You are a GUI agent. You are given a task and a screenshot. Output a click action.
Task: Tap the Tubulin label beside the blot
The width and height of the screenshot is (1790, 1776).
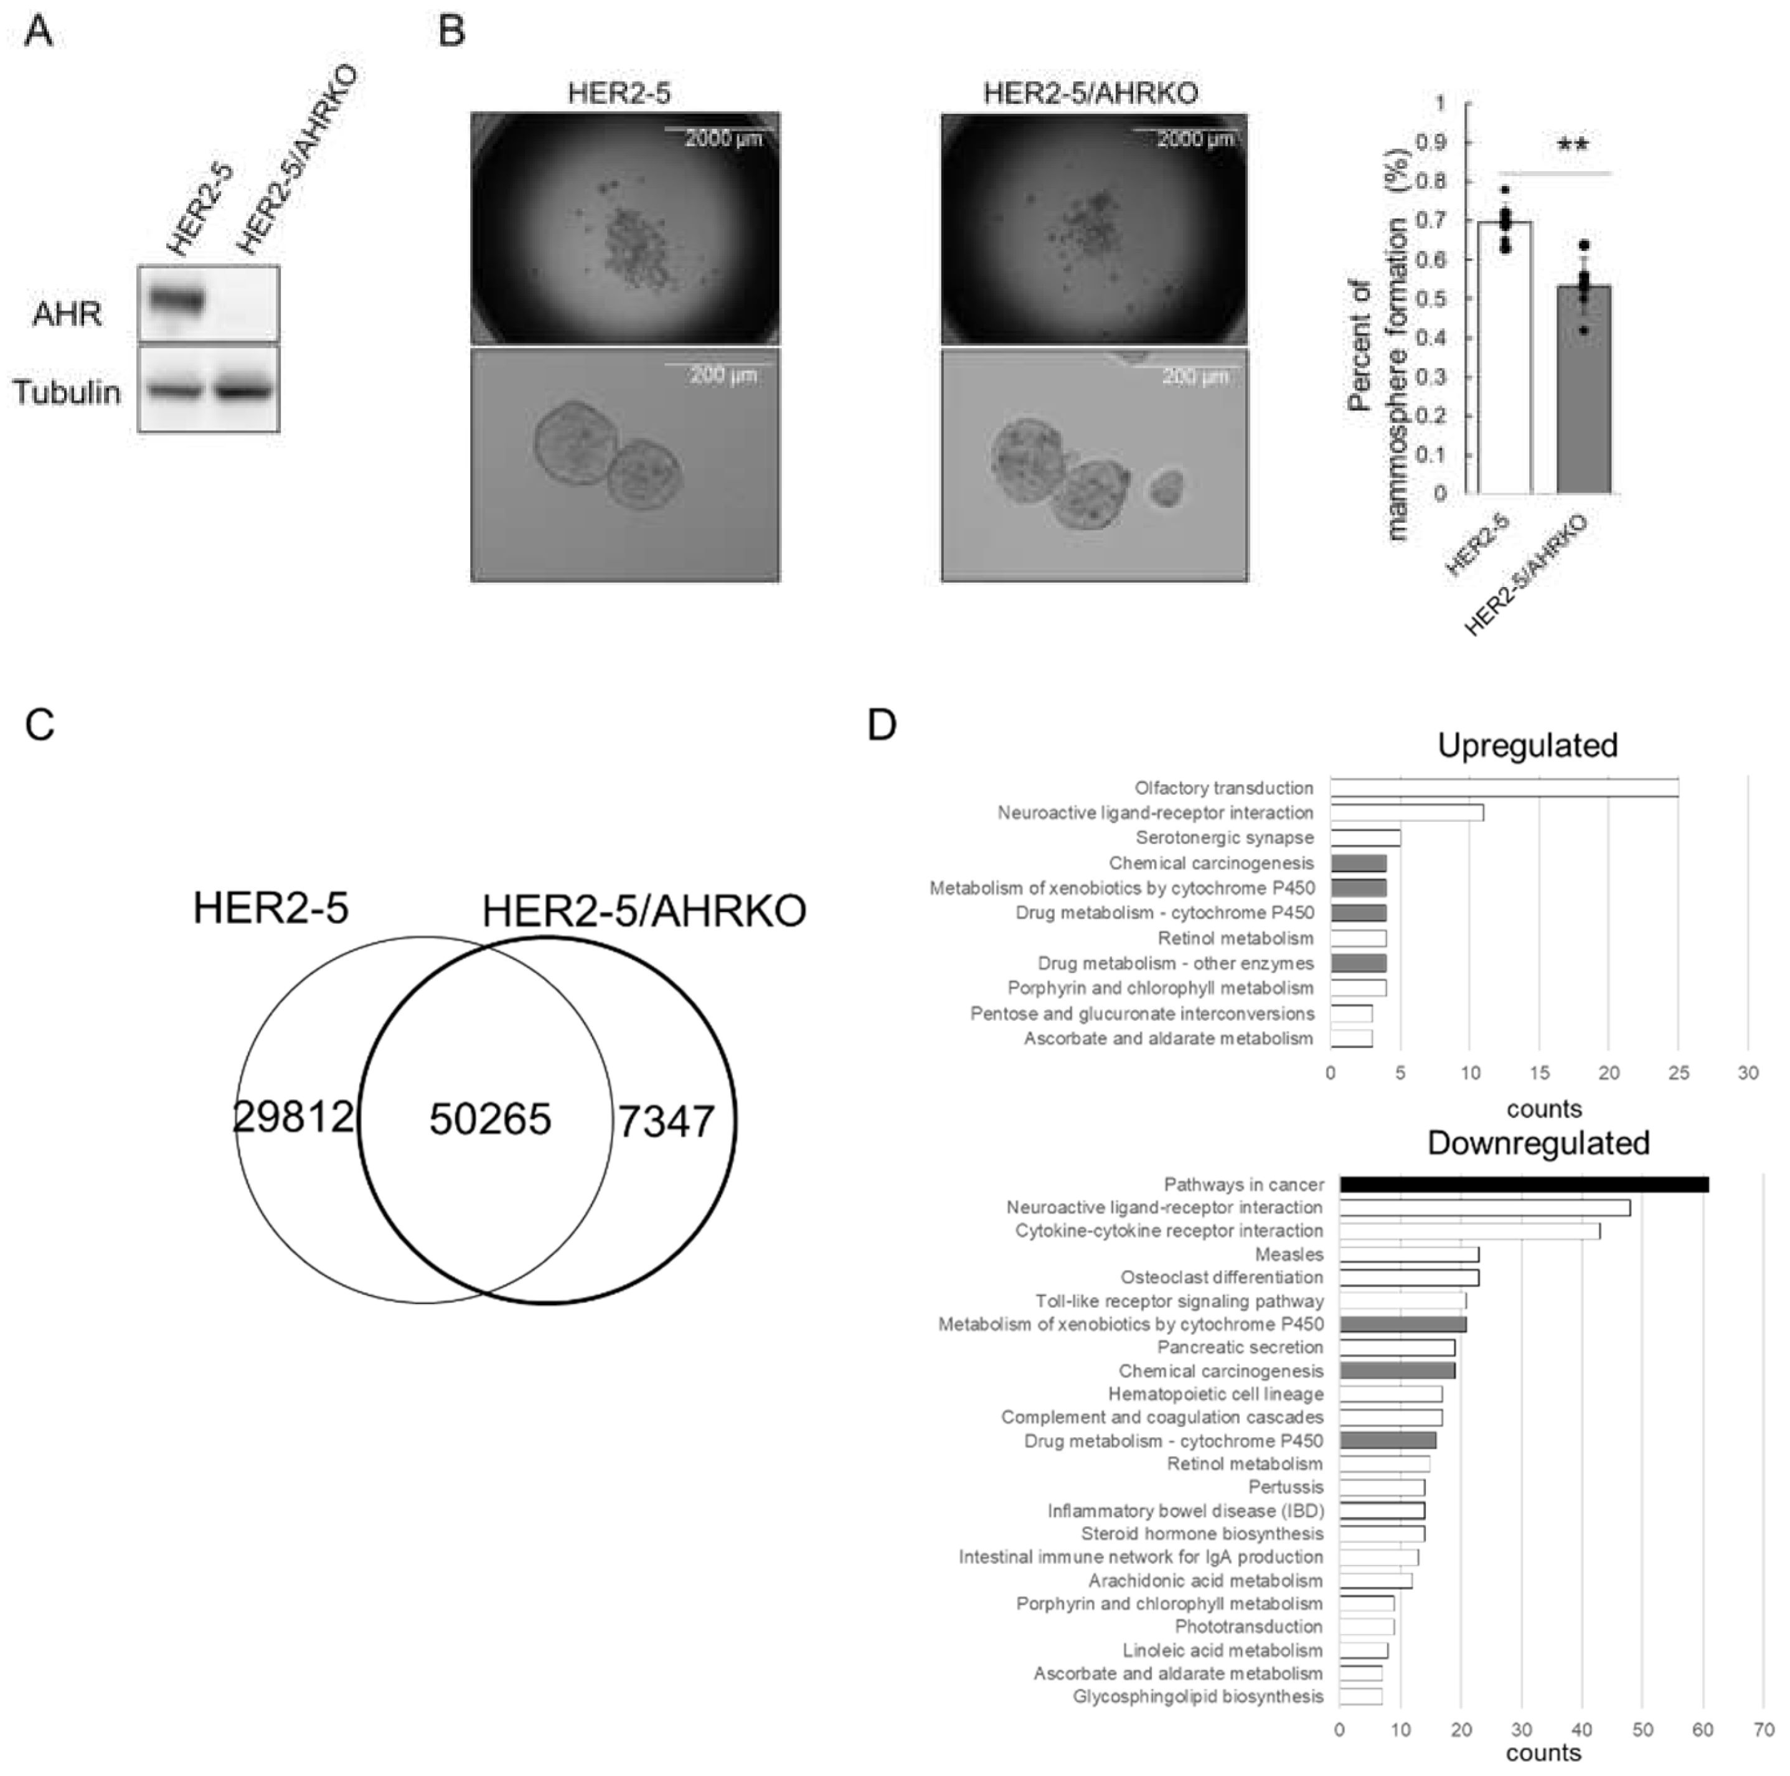pos(67,392)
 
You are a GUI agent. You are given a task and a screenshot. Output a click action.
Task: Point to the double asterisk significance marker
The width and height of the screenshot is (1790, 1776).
pos(1572,146)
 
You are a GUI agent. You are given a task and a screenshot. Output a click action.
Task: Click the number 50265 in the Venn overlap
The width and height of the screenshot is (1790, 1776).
pos(490,1119)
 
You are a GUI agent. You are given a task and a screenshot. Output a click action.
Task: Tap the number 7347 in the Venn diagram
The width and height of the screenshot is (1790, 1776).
pos(666,1121)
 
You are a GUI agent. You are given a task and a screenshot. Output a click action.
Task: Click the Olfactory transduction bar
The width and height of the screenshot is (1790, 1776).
pos(1504,787)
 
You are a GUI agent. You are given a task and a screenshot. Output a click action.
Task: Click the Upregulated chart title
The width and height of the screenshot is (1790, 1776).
pos(1527,745)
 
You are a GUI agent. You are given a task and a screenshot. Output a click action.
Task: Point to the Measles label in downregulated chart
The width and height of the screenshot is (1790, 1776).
pos(1289,1254)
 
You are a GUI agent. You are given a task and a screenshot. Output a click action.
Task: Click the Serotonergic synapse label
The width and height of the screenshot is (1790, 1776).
pos(1224,837)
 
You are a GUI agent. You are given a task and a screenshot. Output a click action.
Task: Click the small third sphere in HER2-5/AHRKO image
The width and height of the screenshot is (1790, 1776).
pos(1167,487)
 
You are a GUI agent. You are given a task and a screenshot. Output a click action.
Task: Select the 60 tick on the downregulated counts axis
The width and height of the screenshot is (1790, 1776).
pos(1703,1729)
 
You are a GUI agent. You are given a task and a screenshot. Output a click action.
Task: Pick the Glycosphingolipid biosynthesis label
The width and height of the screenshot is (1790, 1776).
pos(1197,1696)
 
